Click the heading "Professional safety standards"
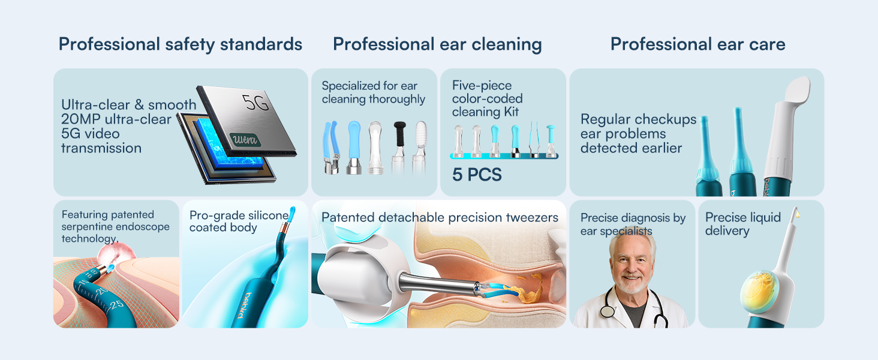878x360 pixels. [180, 44]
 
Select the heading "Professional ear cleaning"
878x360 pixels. [437, 44]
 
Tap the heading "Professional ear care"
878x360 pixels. [697, 44]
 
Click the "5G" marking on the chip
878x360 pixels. [256, 103]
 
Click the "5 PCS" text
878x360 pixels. [477, 175]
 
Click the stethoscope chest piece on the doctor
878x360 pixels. [608, 310]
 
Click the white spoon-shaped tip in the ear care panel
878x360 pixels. [796, 96]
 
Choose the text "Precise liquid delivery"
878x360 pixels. [743, 224]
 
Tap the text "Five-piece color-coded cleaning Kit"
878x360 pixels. [487, 98]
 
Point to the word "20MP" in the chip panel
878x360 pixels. [80, 119]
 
